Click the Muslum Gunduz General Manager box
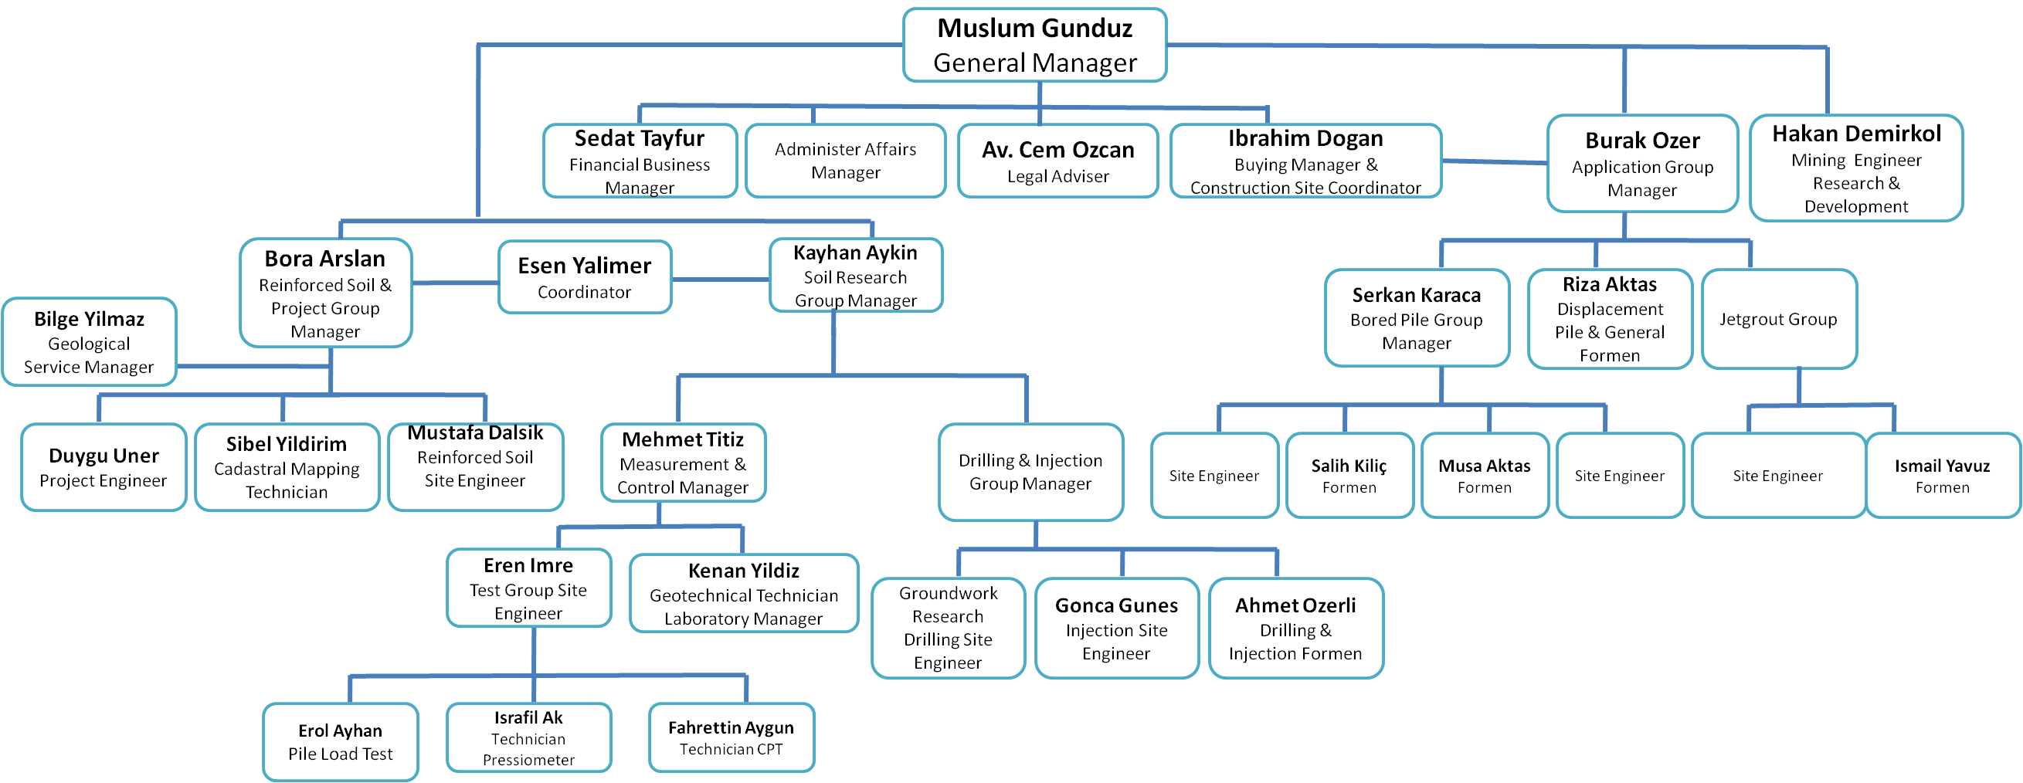(1034, 46)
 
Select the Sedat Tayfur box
(640, 161)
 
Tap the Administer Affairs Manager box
(845, 161)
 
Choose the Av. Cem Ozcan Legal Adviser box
(1057, 161)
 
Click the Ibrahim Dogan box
(1305, 161)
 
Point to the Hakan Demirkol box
(1855, 169)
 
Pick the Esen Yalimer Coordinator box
(584, 277)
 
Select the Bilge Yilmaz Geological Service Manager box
(89, 342)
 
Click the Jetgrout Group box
(1778, 319)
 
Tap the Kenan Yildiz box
(743, 594)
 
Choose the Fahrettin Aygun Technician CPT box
(731, 737)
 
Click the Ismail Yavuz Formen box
(1941, 476)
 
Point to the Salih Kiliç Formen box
(1349, 476)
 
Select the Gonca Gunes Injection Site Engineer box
(1116, 629)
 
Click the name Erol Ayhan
(340, 730)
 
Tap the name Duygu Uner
(104, 456)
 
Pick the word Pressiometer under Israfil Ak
(528, 759)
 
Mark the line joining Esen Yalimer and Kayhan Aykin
(720, 280)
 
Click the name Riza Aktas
(1609, 284)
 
